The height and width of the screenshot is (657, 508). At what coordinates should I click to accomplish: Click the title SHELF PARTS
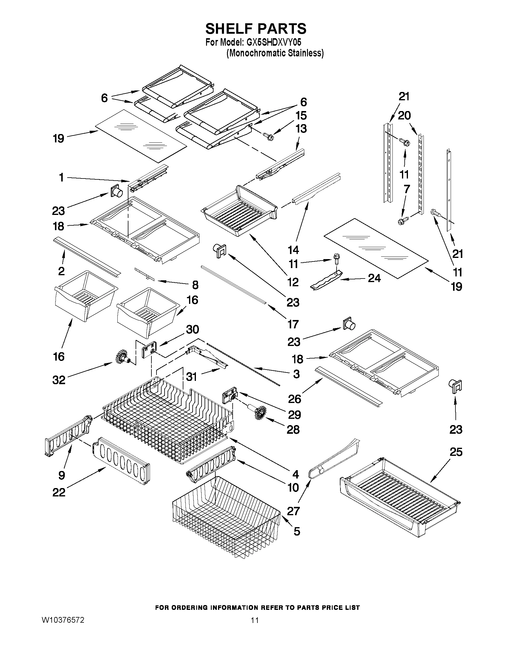(256, 29)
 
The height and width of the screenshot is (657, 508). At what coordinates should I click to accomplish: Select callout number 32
(59, 380)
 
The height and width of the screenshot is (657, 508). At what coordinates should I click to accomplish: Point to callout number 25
(456, 452)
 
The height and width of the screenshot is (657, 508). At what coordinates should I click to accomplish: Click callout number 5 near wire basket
(297, 532)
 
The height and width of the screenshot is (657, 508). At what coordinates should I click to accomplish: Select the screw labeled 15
(269, 137)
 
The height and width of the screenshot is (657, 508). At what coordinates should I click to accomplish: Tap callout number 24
(374, 278)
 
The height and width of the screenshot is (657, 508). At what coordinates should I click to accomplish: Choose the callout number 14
(293, 250)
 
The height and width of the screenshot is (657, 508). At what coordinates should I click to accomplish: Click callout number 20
(404, 115)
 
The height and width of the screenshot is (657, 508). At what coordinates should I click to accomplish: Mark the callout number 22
(59, 493)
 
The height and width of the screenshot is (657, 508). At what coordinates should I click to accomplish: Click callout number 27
(293, 511)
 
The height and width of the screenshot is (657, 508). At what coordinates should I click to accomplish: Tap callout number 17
(293, 324)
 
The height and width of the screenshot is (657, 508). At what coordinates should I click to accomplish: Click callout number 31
(191, 377)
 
